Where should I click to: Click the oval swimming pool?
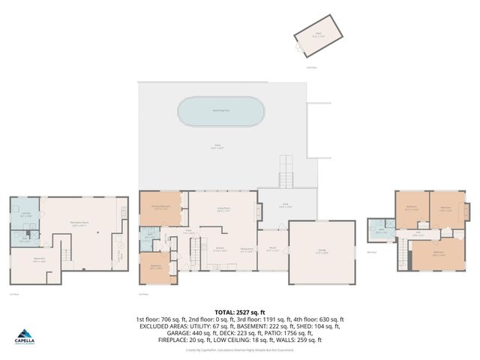click(x=221, y=112)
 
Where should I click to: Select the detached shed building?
click(x=316, y=37)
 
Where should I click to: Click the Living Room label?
click(x=223, y=211)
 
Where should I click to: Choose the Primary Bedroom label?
click(x=161, y=209)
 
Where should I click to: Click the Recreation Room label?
click(x=80, y=223)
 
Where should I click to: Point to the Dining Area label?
click(x=245, y=250)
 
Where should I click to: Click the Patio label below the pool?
click(x=219, y=147)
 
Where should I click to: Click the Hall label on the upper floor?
click(x=418, y=234)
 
